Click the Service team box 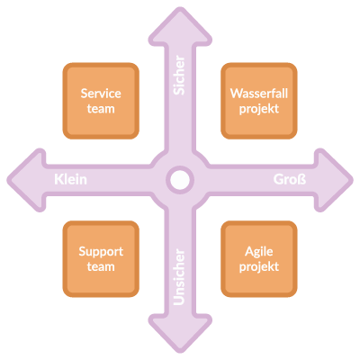pos(101,101)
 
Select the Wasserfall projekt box pos(259,101)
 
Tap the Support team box pos(101,259)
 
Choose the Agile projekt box pos(259,259)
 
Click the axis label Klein pos(70,179)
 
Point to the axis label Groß pos(290,179)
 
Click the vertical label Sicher pos(179,75)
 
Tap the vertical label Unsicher pos(179,276)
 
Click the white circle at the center pos(180,180)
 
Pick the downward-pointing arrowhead pos(180,332)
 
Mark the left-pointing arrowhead pos(28,180)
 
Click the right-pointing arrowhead pos(332,180)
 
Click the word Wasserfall pos(259,94)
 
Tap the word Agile pos(259,252)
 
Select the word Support pos(101,252)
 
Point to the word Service pos(101,94)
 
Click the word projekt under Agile pos(259,267)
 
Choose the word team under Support pos(101,266)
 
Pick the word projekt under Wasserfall pos(259,109)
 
